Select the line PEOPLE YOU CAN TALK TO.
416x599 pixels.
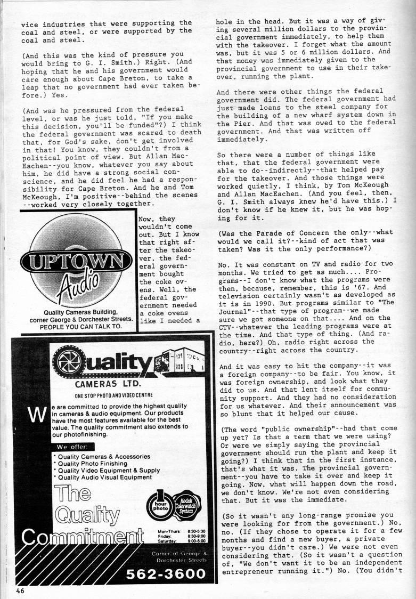(74, 326)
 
